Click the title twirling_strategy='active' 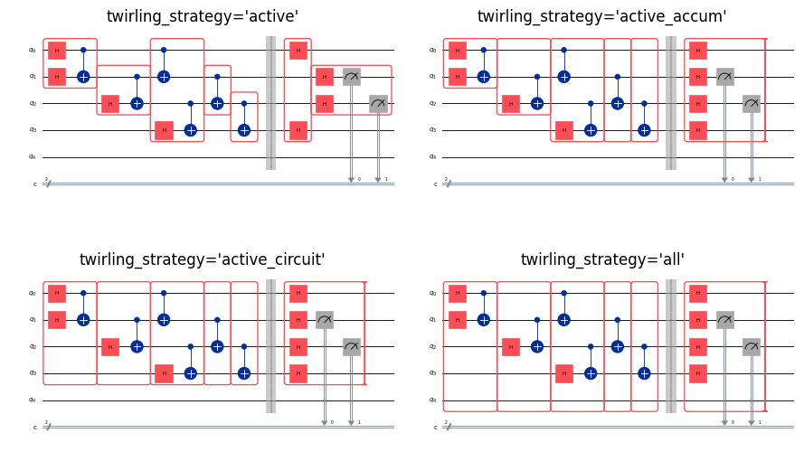coord(203,16)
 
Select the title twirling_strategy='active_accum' coord(601,16)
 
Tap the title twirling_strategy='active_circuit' coord(203,259)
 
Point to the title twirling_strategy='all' coord(602,259)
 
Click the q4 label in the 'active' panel coord(32,156)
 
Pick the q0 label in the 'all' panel coord(432,293)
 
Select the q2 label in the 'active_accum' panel coord(432,103)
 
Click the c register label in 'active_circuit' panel coord(35,427)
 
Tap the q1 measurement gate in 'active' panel coord(351,77)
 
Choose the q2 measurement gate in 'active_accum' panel coord(752,103)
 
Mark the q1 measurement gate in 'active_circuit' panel coord(325,320)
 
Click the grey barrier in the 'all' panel coord(671,346)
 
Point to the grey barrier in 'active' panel coord(270,103)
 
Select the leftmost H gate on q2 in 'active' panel coord(110,103)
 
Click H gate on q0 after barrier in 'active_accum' coord(698,50)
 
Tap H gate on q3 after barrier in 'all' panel coord(698,373)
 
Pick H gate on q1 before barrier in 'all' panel coord(458,320)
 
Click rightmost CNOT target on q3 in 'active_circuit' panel coord(244,373)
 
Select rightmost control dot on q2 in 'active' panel coord(244,103)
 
